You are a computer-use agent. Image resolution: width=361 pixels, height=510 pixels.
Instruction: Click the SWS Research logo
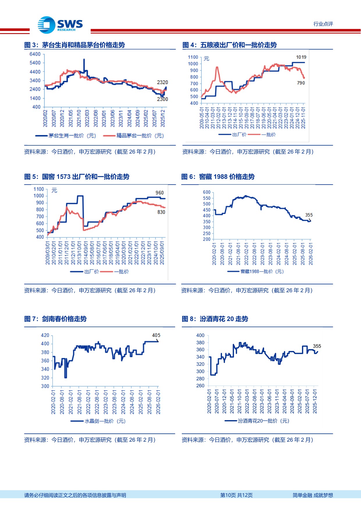[x=60, y=25]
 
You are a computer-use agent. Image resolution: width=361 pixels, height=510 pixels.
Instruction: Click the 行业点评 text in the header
[x=323, y=24]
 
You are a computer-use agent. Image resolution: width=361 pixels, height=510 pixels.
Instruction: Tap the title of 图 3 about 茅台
[x=74, y=45]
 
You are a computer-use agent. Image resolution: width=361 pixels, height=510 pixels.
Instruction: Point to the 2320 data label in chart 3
[x=162, y=82]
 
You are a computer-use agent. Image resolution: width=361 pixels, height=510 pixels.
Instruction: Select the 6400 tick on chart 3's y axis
[x=35, y=54]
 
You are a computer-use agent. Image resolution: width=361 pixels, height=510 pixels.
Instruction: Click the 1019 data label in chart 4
[x=301, y=57]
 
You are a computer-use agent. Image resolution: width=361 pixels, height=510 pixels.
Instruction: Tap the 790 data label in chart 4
[x=301, y=83]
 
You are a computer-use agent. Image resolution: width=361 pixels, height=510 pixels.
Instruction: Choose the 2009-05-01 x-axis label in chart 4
[x=202, y=117]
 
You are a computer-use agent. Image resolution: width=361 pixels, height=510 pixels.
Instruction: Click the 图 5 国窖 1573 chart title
[x=77, y=177]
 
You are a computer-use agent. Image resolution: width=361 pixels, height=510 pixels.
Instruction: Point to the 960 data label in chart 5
[x=159, y=193]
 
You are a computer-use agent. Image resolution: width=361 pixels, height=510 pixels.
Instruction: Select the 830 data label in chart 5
[x=161, y=212]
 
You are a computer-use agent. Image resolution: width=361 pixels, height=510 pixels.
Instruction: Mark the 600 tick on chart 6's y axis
[x=207, y=192]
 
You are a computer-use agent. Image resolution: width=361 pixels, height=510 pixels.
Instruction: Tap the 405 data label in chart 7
[x=156, y=335]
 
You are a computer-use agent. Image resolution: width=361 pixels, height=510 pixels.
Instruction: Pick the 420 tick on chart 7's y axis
[x=45, y=335]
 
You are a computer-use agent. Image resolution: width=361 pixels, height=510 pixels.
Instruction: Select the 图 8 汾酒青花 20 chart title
[x=215, y=319]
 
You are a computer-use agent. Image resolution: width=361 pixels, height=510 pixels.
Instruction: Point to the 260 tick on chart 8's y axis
[x=200, y=386]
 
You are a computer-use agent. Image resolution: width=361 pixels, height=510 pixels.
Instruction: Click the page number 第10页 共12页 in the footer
[x=236, y=495]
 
